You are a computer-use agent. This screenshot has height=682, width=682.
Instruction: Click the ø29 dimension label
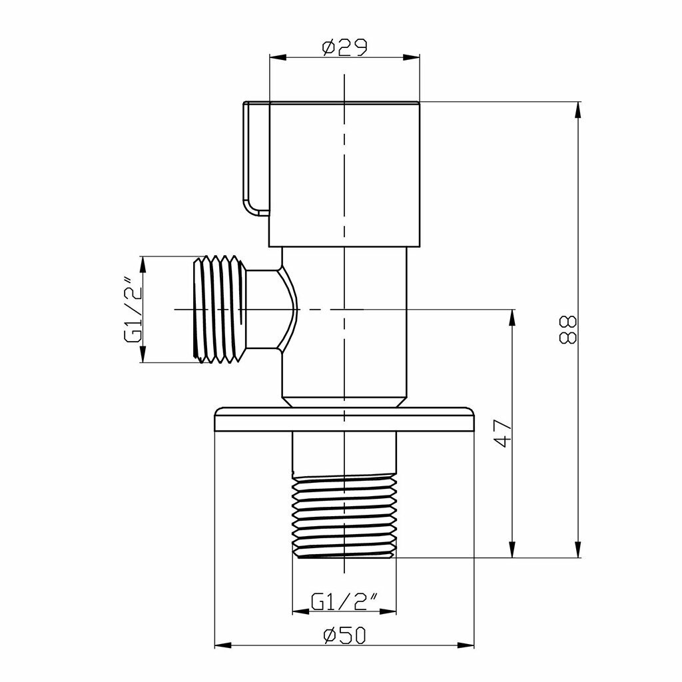(x=344, y=47)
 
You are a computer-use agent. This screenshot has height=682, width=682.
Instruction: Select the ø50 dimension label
(x=344, y=636)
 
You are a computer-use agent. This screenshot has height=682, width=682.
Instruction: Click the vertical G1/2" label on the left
(x=133, y=309)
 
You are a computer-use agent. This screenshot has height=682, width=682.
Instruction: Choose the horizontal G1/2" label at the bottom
(x=344, y=602)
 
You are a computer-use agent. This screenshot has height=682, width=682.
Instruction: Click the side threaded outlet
(x=220, y=309)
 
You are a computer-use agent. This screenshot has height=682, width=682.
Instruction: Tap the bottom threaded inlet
(x=344, y=516)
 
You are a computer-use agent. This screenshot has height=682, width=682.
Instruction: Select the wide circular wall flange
(x=344, y=419)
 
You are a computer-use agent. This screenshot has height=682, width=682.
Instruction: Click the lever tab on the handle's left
(x=256, y=159)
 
